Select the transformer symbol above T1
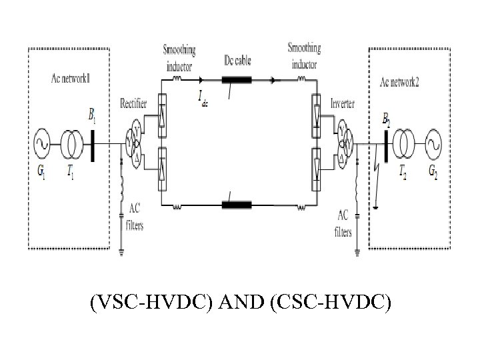70,143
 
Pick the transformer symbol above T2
403,143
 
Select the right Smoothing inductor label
304,55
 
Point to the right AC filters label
343,223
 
